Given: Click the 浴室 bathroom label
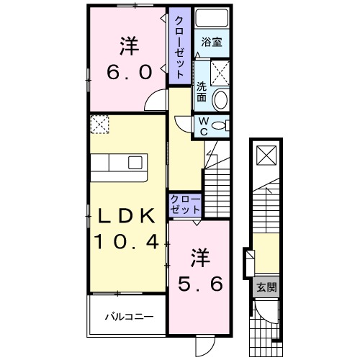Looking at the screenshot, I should tap(212, 42).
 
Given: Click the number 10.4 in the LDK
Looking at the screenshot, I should tap(122, 242).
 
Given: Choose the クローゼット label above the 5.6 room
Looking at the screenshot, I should tap(185, 204).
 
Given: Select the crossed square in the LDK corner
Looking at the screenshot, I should tap(99, 125).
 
